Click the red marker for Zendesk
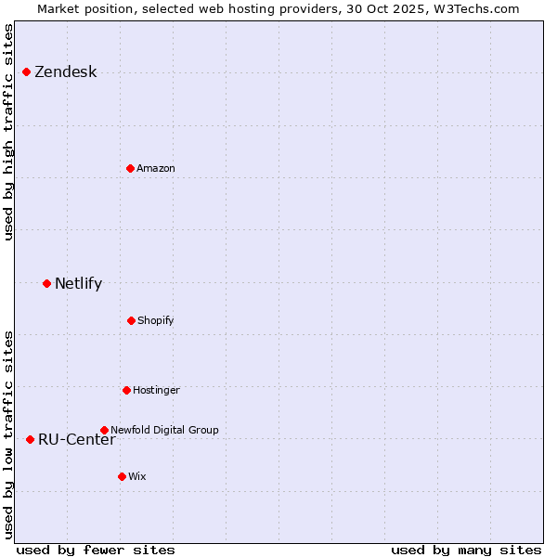coord(27,72)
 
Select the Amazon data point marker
coord(131,168)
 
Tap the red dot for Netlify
coord(47,283)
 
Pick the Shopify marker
coord(131,320)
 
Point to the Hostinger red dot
coord(126,390)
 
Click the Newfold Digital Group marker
coord(104,430)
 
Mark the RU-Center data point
coord(31,439)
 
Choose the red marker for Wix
coord(122,476)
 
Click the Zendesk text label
coord(65,72)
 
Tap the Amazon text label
coord(156,168)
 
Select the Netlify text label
coord(78,283)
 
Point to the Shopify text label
coord(156,320)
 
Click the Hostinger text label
coord(156,390)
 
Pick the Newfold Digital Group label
coord(164,430)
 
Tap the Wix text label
coord(137,476)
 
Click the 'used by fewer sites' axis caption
coord(96,550)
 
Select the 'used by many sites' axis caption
coord(466,550)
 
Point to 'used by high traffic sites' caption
coord(9,132)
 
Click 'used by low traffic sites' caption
coord(9,434)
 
